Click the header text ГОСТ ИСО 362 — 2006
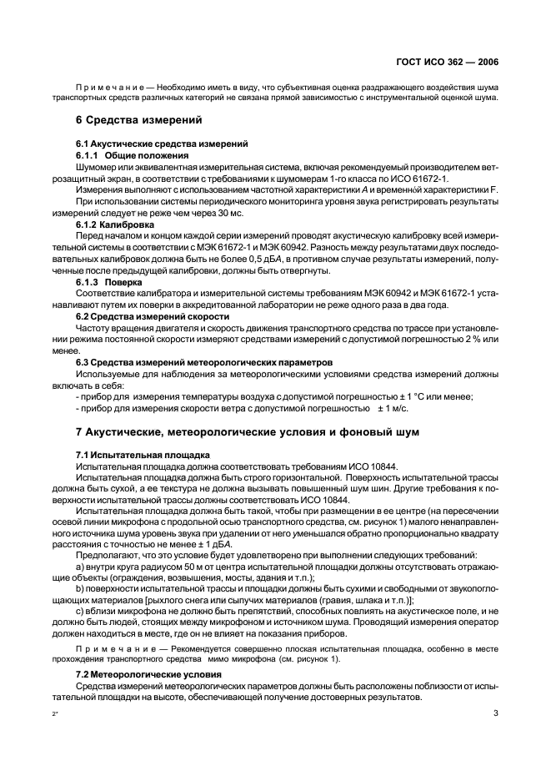453,63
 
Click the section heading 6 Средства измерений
138,119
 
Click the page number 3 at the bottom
495,713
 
